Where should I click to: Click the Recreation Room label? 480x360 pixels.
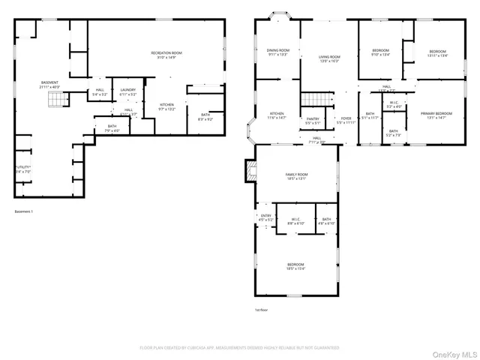click(166, 52)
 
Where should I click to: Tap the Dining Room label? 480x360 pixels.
click(272, 50)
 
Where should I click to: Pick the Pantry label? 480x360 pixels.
click(313, 118)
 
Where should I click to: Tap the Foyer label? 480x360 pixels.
click(346, 118)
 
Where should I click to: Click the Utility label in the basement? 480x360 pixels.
click(23, 166)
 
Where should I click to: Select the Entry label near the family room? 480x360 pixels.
click(265, 216)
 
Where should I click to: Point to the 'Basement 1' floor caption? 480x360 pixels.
click(24, 211)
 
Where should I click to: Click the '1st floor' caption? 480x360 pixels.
click(262, 309)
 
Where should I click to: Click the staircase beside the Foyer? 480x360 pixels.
click(315, 100)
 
